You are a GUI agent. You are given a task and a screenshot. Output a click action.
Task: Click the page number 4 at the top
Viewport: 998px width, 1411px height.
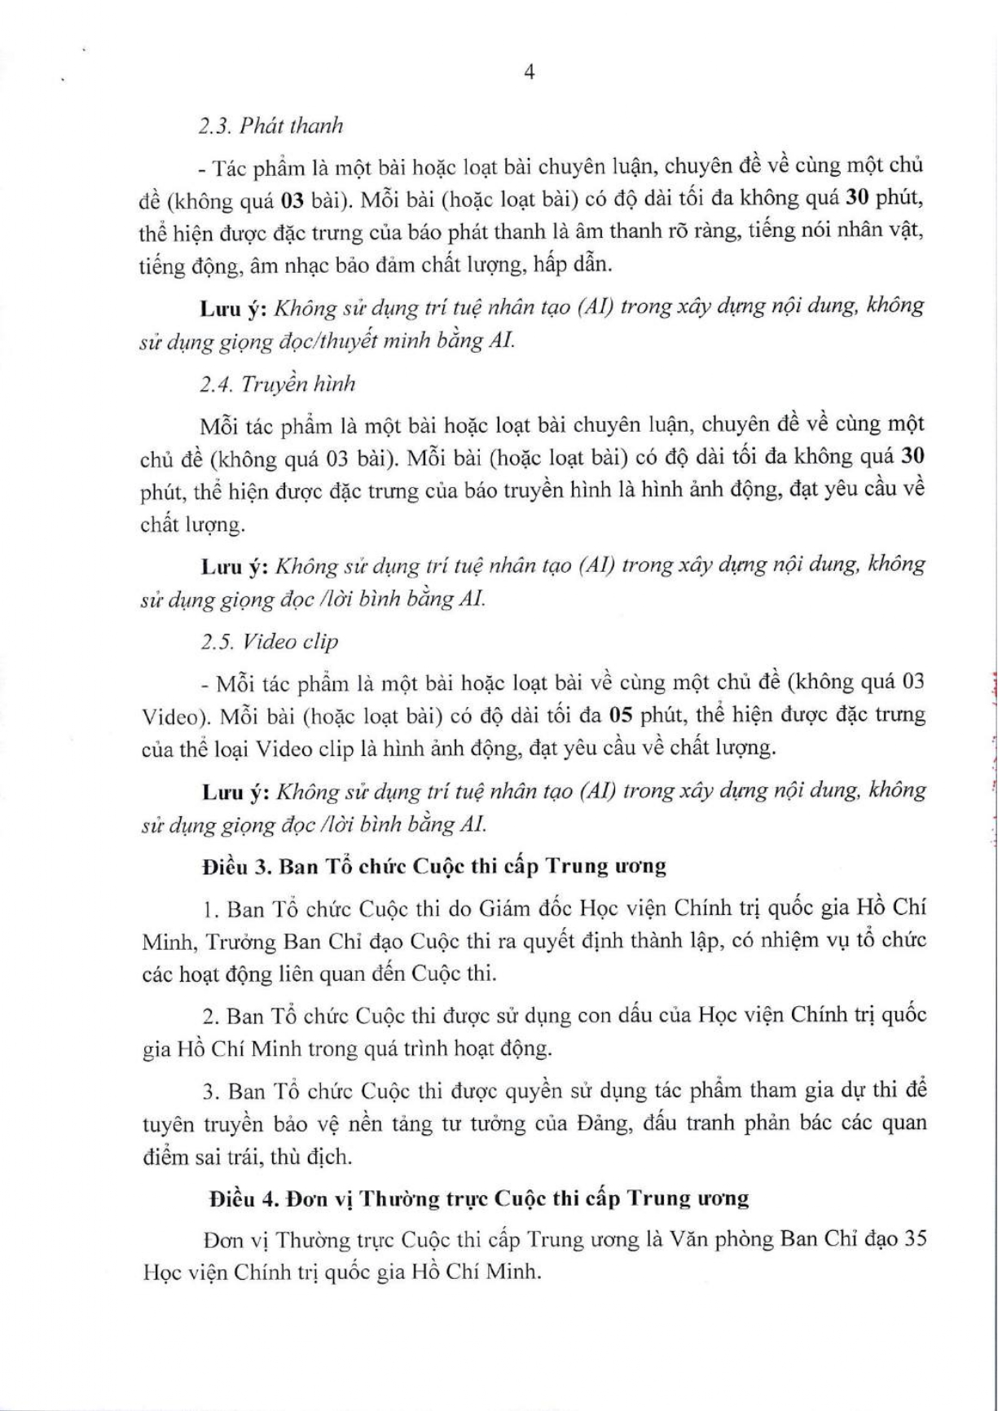tap(530, 73)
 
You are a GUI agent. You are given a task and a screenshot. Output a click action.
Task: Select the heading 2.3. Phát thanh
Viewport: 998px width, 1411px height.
tap(271, 125)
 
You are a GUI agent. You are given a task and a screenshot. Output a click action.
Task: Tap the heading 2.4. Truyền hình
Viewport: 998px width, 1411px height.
tap(277, 384)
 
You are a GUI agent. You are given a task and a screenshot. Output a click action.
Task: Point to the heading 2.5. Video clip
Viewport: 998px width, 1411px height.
tap(269, 641)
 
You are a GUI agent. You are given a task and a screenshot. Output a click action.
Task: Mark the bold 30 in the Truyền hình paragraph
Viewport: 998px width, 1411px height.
tap(913, 457)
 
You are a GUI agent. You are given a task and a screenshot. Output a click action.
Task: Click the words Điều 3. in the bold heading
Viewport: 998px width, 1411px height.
tap(237, 865)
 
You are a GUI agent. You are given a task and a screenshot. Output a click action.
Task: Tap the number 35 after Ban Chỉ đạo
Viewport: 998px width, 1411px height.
tap(912, 1239)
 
